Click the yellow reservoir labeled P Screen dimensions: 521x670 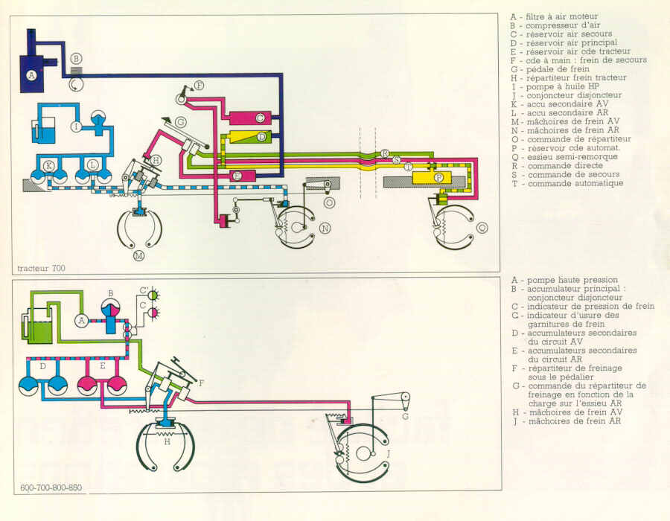(x=438, y=178)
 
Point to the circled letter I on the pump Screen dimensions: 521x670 (x=76, y=127)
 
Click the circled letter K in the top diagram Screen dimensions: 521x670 (x=48, y=164)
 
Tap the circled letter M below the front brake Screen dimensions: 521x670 (x=138, y=256)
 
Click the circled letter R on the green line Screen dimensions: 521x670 (x=384, y=153)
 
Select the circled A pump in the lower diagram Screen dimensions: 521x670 (x=82, y=320)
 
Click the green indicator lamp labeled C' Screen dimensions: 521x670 (x=154, y=294)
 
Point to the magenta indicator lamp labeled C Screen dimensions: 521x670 (x=154, y=313)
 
